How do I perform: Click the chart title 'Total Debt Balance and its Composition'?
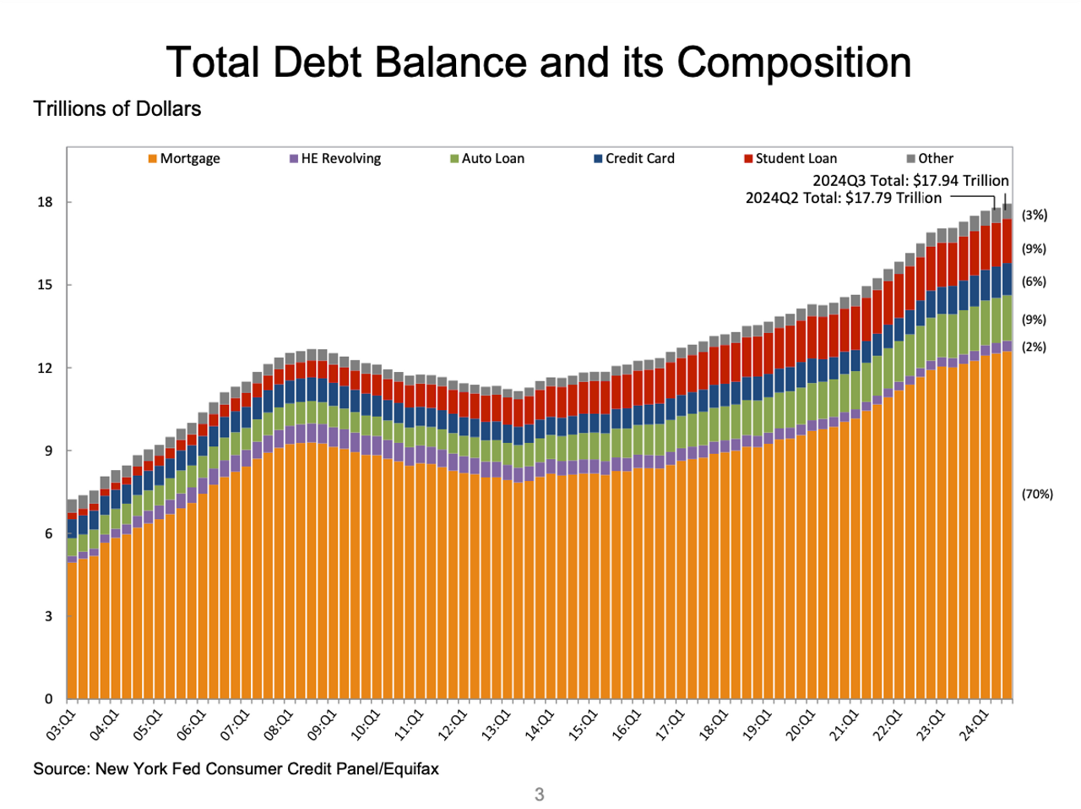[x=539, y=62]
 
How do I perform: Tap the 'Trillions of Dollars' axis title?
[x=117, y=109]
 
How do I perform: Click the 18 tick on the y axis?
[x=45, y=202]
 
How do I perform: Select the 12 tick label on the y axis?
[x=45, y=368]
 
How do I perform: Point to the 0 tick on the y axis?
[x=48, y=699]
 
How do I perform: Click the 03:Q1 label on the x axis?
[x=61, y=726]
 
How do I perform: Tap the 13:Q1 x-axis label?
[x=497, y=726]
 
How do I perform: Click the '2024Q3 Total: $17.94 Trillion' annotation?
[x=910, y=180]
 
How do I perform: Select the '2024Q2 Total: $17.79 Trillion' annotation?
[x=843, y=198]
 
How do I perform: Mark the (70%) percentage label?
[x=1037, y=494]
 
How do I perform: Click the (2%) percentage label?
[x=1034, y=347]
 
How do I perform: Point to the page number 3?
[x=539, y=794]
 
